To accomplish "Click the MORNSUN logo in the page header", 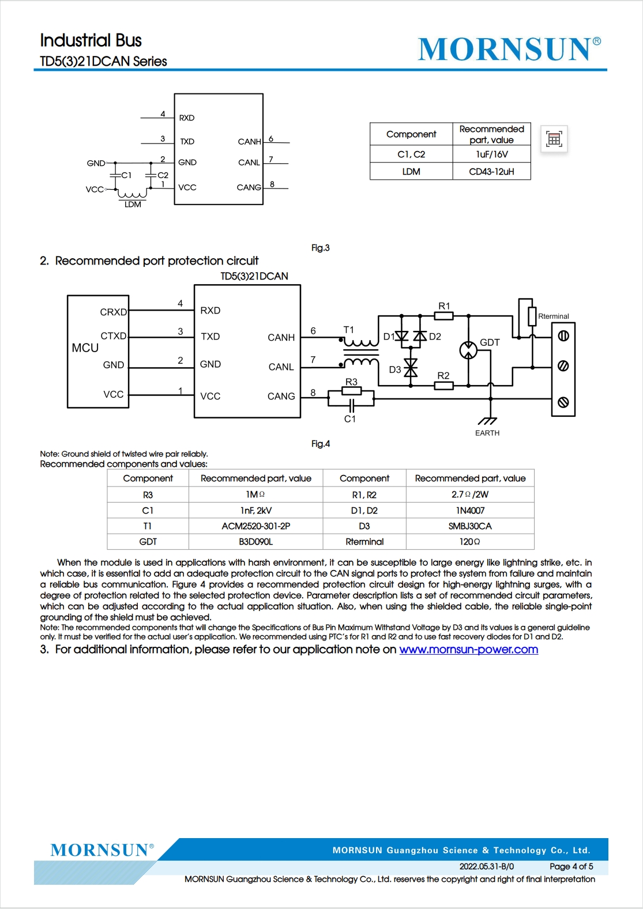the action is coord(509,49).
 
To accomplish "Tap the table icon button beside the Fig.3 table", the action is coord(554,139).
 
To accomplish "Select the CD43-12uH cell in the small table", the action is coord(491,171).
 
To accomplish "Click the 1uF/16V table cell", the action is coord(491,154).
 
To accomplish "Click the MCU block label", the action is coord(85,348).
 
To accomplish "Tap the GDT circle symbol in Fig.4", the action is coord(468,350).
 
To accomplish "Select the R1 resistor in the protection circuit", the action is coord(443,315).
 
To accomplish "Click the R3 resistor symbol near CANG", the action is coord(352,391).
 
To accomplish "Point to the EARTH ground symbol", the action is coord(487,421).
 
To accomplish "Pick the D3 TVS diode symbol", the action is coord(411,368).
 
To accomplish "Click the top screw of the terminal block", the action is coord(563,336).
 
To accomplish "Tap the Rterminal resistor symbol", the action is coord(532,316).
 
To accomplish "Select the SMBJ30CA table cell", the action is coord(470,526).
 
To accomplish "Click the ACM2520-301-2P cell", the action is coord(255,526).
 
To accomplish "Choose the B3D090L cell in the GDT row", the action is coord(255,542).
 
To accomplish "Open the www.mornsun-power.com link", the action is coord(469,650).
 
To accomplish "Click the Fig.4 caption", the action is coord(321,443).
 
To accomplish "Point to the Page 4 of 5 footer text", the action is coord(571,866).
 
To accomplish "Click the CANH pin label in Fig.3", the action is coord(249,142).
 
